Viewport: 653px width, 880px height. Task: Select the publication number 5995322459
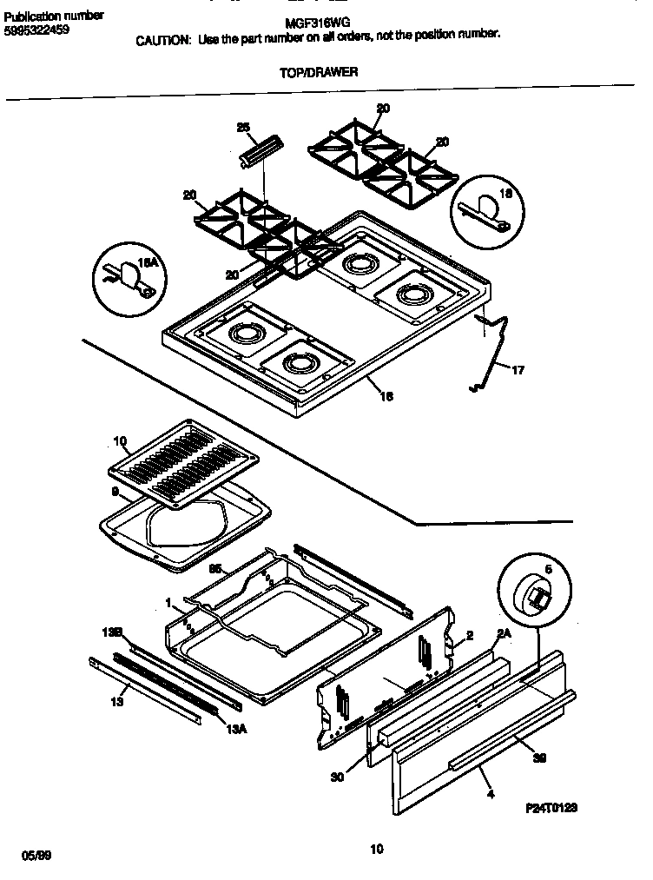[36, 30]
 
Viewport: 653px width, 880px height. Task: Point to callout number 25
[243, 128]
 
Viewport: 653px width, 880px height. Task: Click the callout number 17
[518, 371]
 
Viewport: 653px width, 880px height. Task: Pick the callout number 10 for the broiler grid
[120, 441]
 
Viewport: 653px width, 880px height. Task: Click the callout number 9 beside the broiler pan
[115, 492]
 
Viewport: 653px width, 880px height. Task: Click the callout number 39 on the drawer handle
[539, 758]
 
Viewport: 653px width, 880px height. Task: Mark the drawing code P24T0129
[551, 808]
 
